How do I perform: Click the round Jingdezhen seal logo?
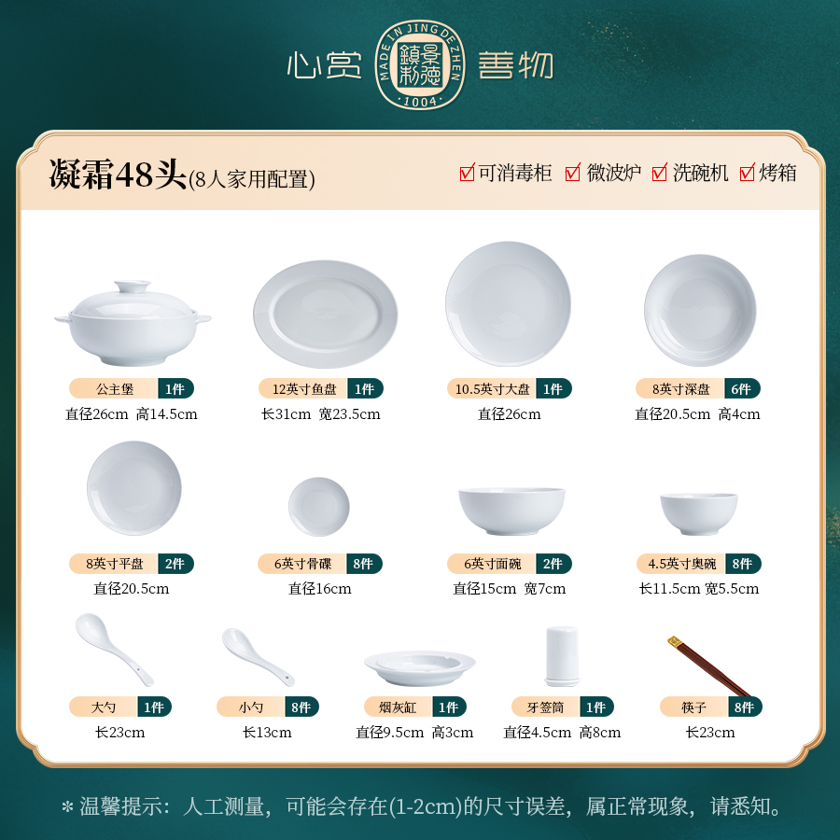click(x=420, y=65)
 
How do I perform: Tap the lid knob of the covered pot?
click(x=133, y=287)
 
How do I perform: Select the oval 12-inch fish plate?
click(x=326, y=314)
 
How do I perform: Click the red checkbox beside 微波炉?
click(x=573, y=173)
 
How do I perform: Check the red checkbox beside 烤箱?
click(x=747, y=173)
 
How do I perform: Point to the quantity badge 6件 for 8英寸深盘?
click(x=742, y=389)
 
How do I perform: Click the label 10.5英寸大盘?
click(x=492, y=389)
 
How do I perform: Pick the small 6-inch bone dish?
click(x=319, y=506)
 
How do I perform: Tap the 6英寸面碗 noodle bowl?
click(x=511, y=511)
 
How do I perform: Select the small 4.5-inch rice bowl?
click(x=698, y=513)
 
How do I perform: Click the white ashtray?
click(x=420, y=667)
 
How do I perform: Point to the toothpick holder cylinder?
click(x=562, y=656)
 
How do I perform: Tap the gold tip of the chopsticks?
click(x=675, y=640)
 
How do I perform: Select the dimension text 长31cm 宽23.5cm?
click(x=321, y=414)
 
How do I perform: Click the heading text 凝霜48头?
click(x=118, y=174)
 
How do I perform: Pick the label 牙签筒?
click(x=545, y=707)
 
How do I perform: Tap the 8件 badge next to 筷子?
click(x=745, y=707)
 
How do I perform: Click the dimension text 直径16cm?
click(x=320, y=589)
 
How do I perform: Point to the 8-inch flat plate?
click(x=133, y=488)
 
